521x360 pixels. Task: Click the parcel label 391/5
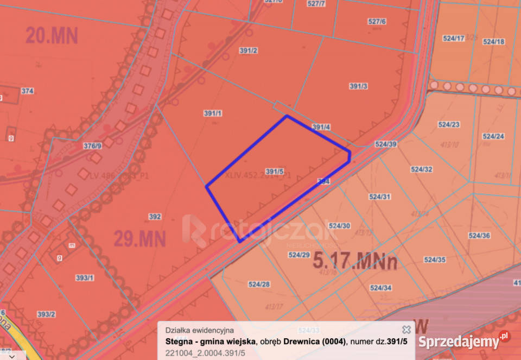point(275,172)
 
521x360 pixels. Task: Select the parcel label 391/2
point(248,50)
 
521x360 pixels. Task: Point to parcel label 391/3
point(359,86)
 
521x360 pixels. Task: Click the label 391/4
point(321,127)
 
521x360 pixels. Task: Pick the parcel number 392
point(155,217)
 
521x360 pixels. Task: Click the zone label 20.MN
point(52,36)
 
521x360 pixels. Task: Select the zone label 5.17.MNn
point(355,261)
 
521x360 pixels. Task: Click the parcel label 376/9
point(92,146)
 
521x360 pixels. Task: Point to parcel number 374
point(27,91)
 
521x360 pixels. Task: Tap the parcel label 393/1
point(84,278)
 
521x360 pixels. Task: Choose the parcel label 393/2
point(46,314)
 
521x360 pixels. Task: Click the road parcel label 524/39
point(386,144)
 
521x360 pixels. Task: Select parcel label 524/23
point(448,124)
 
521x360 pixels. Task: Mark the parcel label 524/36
point(479,235)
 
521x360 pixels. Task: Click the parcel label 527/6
point(377,21)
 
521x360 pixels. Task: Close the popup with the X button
point(406,330)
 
